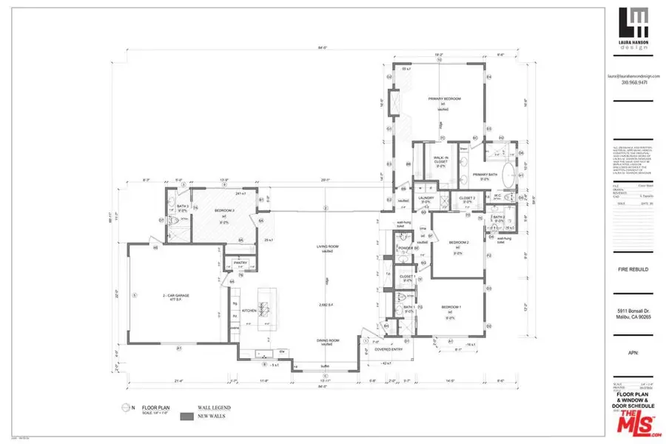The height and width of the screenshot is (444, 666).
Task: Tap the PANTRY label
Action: (x=240, y=262)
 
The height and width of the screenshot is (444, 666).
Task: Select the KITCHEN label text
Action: (x=249, y=311)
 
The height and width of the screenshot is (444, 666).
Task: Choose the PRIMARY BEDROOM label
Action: (x=444, y=98)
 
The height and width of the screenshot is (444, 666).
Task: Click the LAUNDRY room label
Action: (x=425, y=198)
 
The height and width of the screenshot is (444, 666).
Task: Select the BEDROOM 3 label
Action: (x=224, y=211)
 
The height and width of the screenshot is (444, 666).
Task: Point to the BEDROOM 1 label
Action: (x=451, y=306)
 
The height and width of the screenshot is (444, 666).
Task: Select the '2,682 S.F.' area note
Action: (x=323, y=303)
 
